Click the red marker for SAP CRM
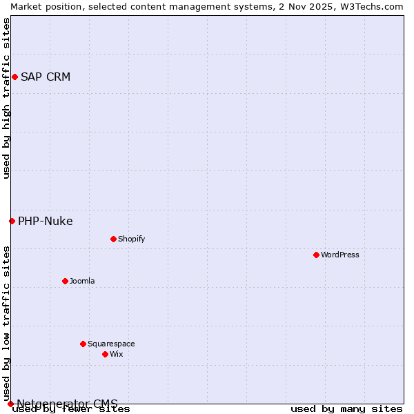pyautogui.click(x=14, y=77)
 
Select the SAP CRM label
pyautogui.click(x=46, y=77)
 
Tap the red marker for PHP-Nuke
pyautogui.click(x=12, y=221)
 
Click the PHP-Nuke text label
pyautogui.click(x=46, y=221)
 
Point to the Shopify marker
pyautogui.click(x=113, y=239)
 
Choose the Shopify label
pyautogui.click(x=131, y=239)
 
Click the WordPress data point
pyautogui.click(x=316, y=255)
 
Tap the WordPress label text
pyautogui.click(x=339, y=255)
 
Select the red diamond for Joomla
pyautogui.click(x=65, y=281)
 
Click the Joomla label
pyautogui.click(x=82, y=281)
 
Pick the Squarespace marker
pyautogui.click(x=83, y=344)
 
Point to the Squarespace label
pyautogui.click(x=111, y=344)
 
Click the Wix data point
pyautogui.click(x=105, y=354)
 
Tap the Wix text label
pyautogui.click(x=116, y=354)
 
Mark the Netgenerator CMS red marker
pyautogui.click(x=10, y=404)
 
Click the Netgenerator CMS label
pyautogui.click(x=67, y=404)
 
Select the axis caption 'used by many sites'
pyautogui.click(x=346, y=409)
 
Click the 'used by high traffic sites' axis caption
pyautogui.click(x=7, y=98)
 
